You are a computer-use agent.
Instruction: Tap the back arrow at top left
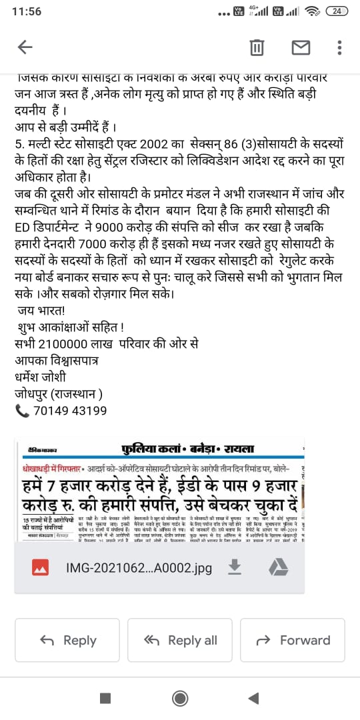pyautogui.click(x=25, y=47)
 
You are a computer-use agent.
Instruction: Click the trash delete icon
pyautogui.click(x=256, y=47)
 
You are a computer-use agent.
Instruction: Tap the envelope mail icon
pyautogui.click(x=301, y=47)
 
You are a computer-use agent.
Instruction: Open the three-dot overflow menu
pyautogui.click(x=340, y=47)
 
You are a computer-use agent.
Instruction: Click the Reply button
pyautogui.click(x=68, y=640)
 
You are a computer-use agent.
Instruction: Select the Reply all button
pyautogui.click(x=180, y=640)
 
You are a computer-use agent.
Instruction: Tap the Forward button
pyautogui.click(x=293, y=640)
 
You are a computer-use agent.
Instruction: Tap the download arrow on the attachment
pyautogui.click(x=234, y=567)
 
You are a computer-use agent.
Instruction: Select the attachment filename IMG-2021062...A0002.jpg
pyautogui.click(x=139, y=568)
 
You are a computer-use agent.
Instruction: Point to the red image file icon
pyautogui.click(x=41, y=568)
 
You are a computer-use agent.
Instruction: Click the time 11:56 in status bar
pyautogui.click(x=27, y=11)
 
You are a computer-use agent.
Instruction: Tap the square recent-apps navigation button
pyautogui.click(x=105, y=697)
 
